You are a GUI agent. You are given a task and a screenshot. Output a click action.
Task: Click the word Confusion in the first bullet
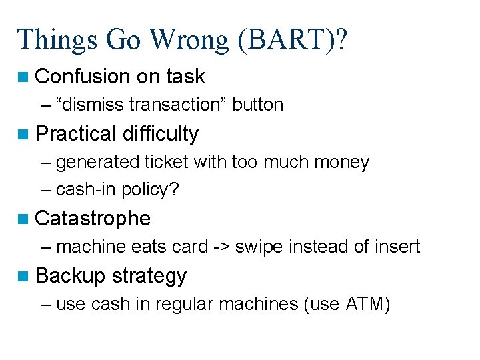(x=83, y=77)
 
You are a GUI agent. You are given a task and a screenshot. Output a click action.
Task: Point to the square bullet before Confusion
(x=25, y=77)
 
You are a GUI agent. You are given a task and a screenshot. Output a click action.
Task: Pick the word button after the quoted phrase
(x=258, y=105)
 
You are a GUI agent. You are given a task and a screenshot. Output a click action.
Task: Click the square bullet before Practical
(x=25, y=135)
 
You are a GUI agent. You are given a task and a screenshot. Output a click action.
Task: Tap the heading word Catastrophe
(x=93, y=219)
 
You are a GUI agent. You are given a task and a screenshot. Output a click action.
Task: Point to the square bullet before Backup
(x=25, y=276)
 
